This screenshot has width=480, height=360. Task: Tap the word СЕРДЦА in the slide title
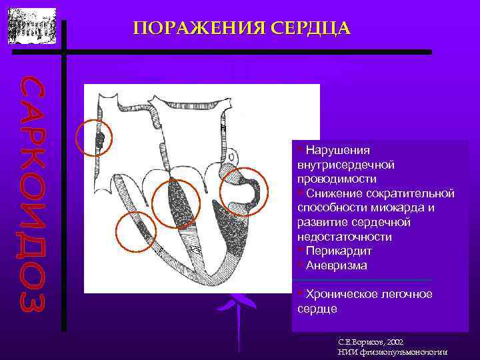pyautogui.click(x=310, y=28)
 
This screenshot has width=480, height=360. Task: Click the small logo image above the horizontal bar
pyautogui.click(x=32, y=27)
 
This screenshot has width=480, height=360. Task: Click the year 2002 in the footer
pyautogui.click(x=391, y=341)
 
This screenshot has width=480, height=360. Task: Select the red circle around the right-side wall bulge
pyautogui.click(x=243, y=192)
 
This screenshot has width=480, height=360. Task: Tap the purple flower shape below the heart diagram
pyautogui.click(x=236, y=307)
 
